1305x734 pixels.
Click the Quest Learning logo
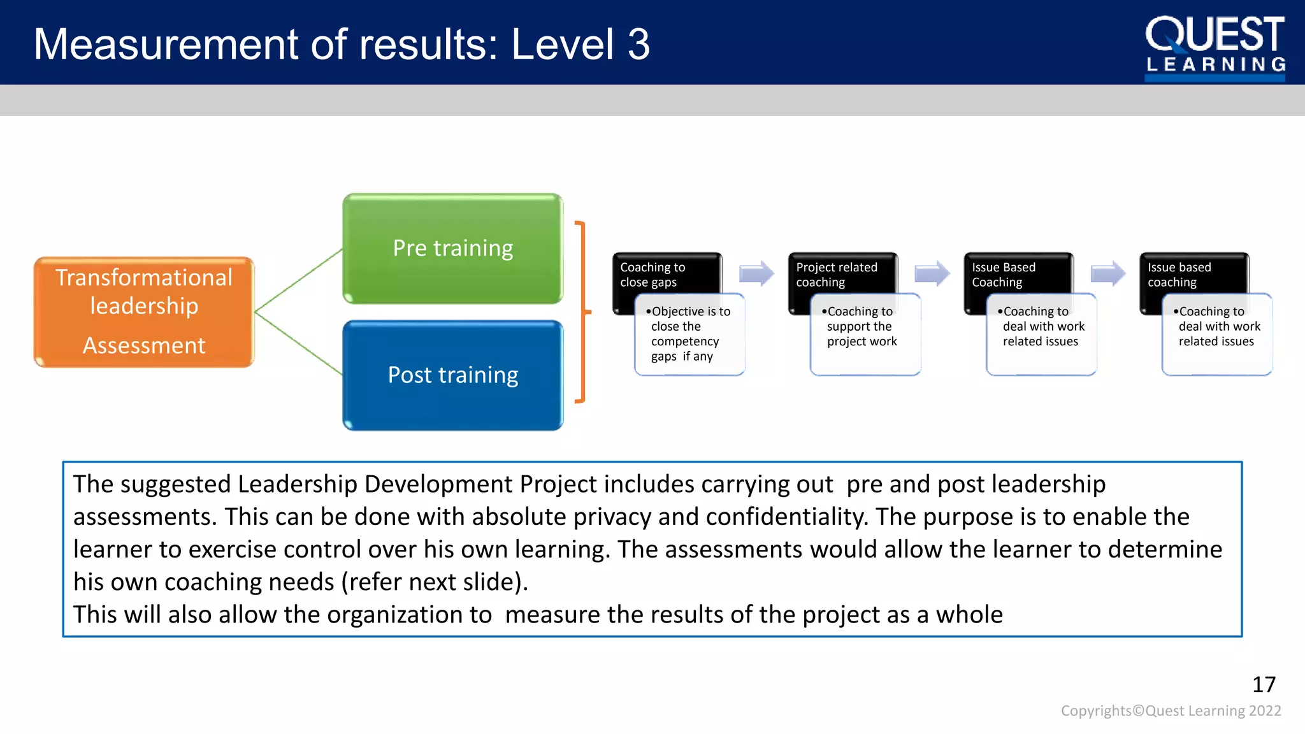[x=1215, y=46]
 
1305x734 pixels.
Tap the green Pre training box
[x=452, y=248]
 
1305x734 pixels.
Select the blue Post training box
[x=452, y=375]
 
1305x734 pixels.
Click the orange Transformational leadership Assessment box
[x=144, y=312]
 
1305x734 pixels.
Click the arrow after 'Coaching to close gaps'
[x=756, y=274]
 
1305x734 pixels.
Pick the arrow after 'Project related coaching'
[x=932, y=274]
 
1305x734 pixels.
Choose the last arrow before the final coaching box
[x=1108, y=274]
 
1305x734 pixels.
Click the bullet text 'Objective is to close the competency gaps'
[x=689, y=334]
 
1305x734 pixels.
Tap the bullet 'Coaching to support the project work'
[x=862, y=326]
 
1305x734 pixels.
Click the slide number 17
[x=1264, y=684]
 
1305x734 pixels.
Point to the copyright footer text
[x=1171, y=710]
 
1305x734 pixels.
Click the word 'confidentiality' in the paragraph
[x=786, y=517]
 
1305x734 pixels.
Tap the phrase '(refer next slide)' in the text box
[x=434, y=582]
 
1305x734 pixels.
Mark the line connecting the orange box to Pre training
[x=298, y=280]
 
